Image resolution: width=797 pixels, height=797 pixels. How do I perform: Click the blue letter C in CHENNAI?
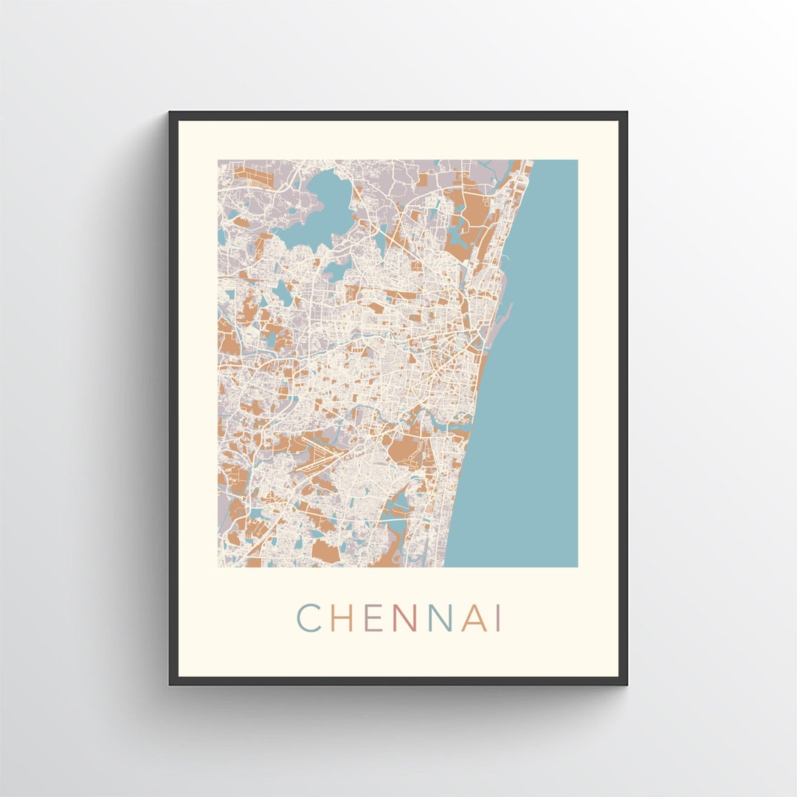tap(308, 618)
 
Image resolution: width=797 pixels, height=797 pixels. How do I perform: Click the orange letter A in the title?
tap(474, 618)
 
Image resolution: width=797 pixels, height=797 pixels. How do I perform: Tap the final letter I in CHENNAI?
tap(499, 618)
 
